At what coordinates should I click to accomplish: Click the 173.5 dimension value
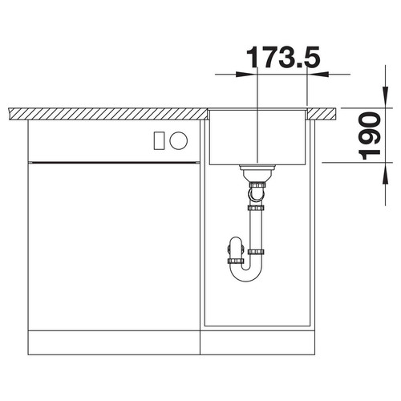coord(283,57)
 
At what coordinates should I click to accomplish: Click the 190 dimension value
coord(370,136)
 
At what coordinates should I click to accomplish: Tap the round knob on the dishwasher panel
coord(179,140)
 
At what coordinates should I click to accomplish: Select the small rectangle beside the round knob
coord(160,140)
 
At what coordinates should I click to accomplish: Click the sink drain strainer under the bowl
coord(257,172)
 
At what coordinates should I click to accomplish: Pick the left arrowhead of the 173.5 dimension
coord(245,75)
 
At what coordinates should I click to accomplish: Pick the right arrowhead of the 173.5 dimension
coord(318,75)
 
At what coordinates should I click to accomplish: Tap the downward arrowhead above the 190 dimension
coord(385,97)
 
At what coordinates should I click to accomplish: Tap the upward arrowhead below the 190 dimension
coord(385,173)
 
